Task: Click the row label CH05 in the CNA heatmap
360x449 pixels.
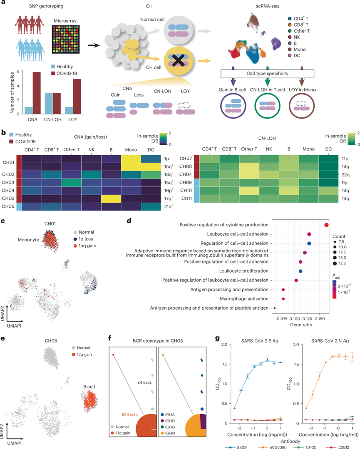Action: [12, 198]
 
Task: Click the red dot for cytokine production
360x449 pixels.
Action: [326, 225]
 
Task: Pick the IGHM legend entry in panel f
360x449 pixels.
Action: [173, 421]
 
